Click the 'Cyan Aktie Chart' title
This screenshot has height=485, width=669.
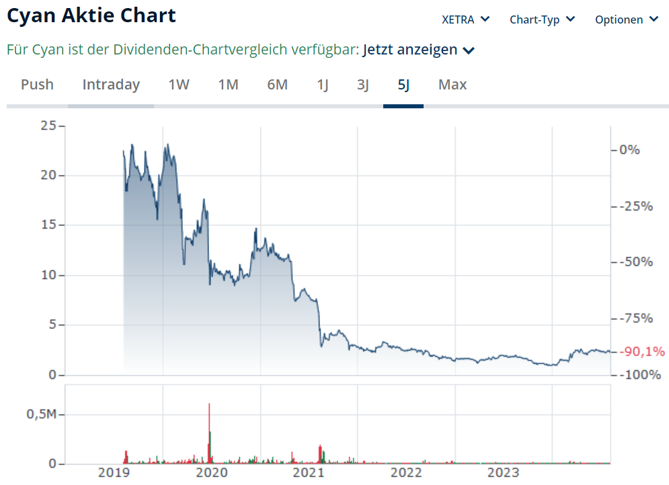91,16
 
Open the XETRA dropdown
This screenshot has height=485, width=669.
465,20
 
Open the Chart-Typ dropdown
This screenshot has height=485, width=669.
542,20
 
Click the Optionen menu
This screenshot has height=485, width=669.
626,20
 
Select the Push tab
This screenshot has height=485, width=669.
37,85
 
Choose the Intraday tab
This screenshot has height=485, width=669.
111,85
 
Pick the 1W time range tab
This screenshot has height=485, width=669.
179,85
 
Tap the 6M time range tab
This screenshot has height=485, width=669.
277,85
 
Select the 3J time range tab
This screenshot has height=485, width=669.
362,85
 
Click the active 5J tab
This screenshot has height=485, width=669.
403,85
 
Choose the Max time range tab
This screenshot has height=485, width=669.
452,85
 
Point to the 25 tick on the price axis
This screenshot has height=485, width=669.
48,125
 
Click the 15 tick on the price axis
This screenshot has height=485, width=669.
48,225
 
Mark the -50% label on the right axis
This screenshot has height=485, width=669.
636,262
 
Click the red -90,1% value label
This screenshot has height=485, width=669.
642,351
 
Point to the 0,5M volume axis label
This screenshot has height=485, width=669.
41,414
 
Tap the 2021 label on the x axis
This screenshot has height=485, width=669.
309,473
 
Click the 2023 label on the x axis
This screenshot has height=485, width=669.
504,473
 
